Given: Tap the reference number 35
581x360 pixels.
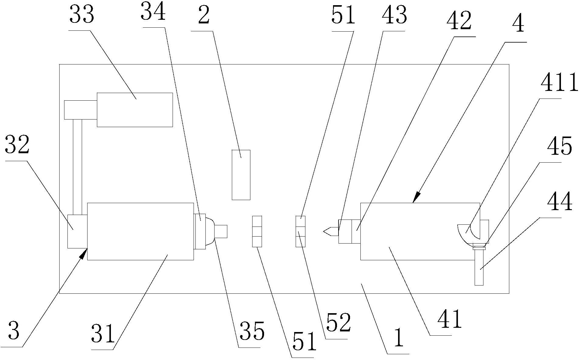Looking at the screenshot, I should (x=252, y=331).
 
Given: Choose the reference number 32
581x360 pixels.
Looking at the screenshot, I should (x=17, y=145).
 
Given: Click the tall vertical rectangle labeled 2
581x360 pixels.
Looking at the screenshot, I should (x=241, y=175).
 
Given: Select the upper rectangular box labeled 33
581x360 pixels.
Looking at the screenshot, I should (x=135, y=110).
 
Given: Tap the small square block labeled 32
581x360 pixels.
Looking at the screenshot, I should (x=77, y=231).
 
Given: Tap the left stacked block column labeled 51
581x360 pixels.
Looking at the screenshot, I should (x=257, y=231).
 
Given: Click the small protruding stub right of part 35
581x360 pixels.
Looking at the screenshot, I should (x=221, y=231).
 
